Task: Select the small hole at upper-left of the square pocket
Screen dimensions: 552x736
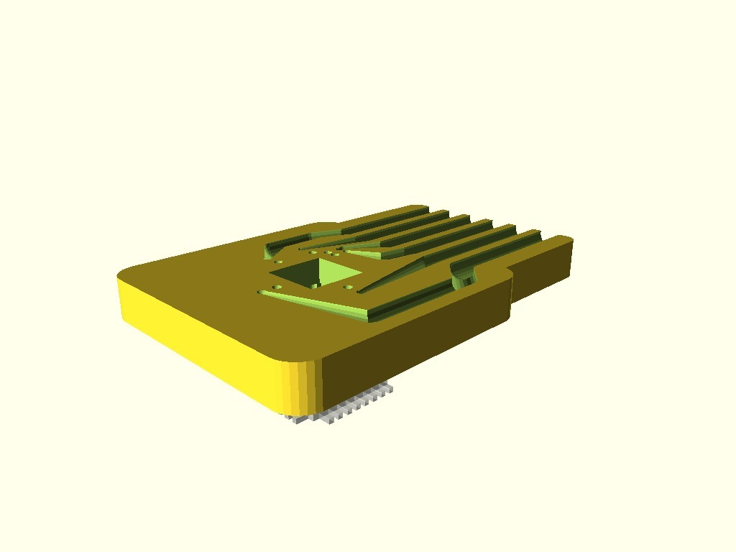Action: pyautogui.click(x=280, y=263)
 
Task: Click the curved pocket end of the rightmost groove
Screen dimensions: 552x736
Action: pyautogui.click(x=464, y=273)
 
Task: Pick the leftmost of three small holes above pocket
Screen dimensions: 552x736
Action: pyautogui.click(x=311, y=252)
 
